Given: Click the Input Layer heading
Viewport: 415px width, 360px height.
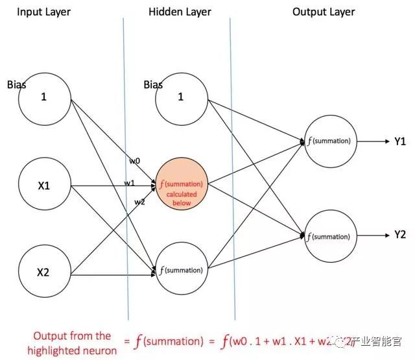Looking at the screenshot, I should tap(43, 12).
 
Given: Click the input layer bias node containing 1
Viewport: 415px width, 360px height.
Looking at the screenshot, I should tap(45, 97).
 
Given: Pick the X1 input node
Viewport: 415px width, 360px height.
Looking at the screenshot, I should tap(45, 186).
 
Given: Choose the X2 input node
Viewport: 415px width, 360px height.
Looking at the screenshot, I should tap(44, 272).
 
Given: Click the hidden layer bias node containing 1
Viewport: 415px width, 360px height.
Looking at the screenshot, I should tap(181, 97).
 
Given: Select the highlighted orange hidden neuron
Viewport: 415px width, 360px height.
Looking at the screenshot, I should tap(181, 185).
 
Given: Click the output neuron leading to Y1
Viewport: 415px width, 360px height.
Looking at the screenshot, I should tap(329, 141).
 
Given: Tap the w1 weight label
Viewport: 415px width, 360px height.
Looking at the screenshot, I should tap(129, 183).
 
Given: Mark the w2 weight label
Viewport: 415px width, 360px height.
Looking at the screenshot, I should tap(140, 202).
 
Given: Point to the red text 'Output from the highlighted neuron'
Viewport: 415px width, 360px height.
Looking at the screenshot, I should tap(72, 342).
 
